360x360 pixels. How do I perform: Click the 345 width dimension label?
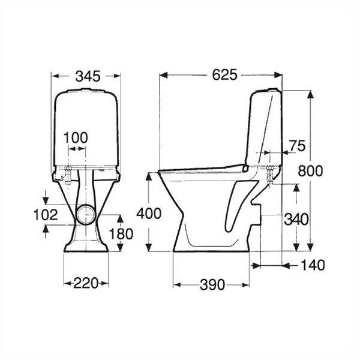(x=88, y=76)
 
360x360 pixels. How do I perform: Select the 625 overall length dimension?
(x=223, y=75)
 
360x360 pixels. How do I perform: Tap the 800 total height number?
(x=311, y=171)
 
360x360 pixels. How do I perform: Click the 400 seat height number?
(x=148, y=213)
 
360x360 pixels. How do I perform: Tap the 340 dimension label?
(x=296, y=219)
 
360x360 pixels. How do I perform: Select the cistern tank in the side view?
(x=264, y=126)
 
